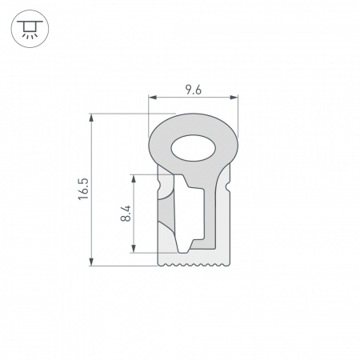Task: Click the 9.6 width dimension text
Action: click(193, 90)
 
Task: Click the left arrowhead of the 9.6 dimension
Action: click(153, 98)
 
